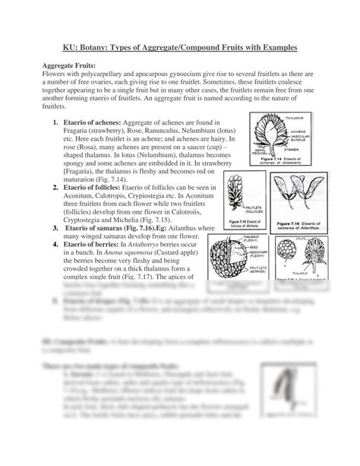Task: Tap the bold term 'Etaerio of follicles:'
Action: (x=99, y=175)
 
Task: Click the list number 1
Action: (x=56, y=122)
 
